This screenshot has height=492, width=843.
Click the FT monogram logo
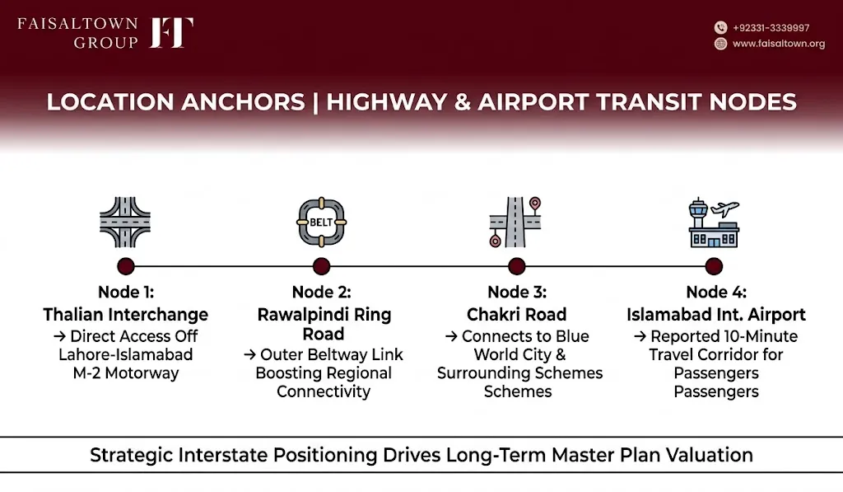(x=171, y=32)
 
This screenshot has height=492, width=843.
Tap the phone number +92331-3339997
(x=771, y=28)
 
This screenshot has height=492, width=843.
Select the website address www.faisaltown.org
(x=779, y=44)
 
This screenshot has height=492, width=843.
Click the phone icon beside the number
(x=720, y=27)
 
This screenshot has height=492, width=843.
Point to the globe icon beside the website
(x=720, y=44)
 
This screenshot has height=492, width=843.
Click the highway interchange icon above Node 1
(x=125, y=222)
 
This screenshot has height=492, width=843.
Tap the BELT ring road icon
(x=322, y=222)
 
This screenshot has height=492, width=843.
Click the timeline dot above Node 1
(x=126, y=266)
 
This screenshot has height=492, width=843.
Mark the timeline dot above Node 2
(x=322, y=266)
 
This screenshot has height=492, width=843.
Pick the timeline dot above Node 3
(x=517, y=266)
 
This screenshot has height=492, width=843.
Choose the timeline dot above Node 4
(x=714, y=266)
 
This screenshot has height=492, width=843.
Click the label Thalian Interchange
(x=126, y=314)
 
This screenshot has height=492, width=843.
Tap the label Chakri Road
(x=517, y=314)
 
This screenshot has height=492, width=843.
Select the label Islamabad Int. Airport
(x=716, y=314)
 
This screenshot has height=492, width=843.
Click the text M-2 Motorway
(x=126, y=373)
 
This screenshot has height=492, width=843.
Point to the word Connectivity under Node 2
(x=324, y=391)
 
